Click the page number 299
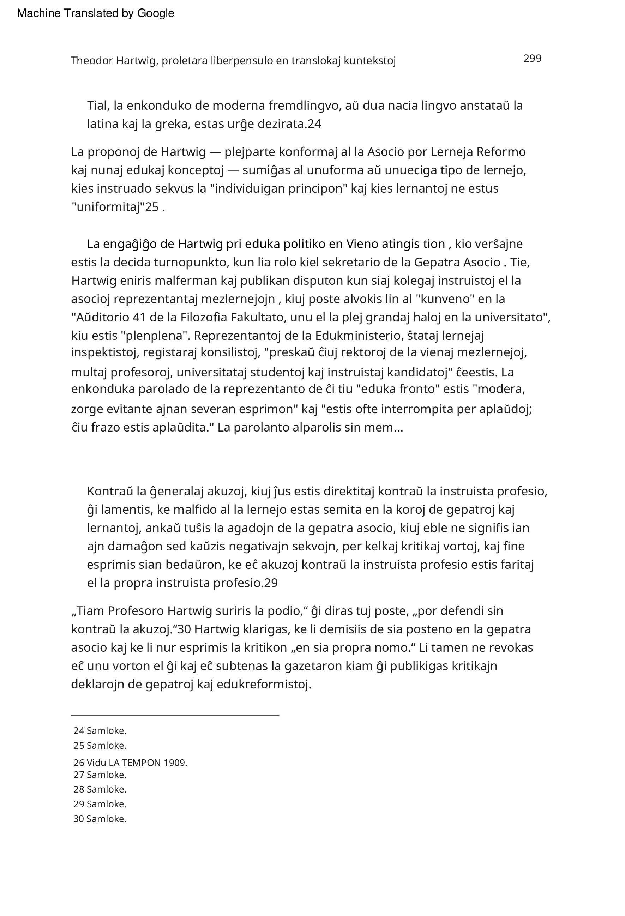coord(532,59)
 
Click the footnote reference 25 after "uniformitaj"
coord(152,207)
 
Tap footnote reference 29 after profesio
coord(271,583)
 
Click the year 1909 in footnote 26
coord(175,763)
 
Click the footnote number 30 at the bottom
coord(78,819)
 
